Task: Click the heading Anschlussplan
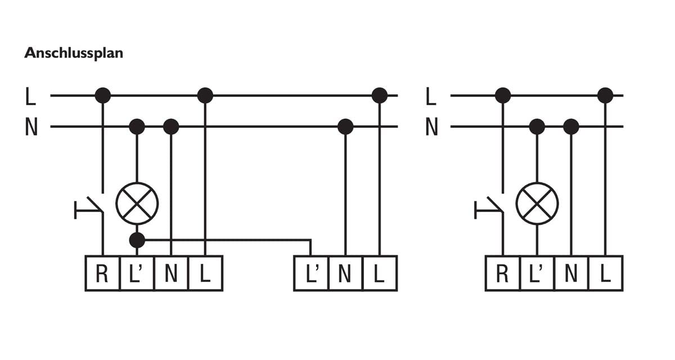tap(74, 53)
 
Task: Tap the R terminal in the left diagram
tap(102, 273)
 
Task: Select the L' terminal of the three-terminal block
tap(311, 273)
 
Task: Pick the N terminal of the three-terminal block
tap(345, 273)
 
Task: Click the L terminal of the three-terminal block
tap(380, 273)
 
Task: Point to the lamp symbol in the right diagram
tap(537, 204)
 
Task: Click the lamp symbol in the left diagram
tap(137, 204)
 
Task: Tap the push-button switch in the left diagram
tap(89, 208)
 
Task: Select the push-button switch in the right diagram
tap(489, 208)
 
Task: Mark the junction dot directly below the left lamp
tap(137, 240)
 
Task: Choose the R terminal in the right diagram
tap(502, 273)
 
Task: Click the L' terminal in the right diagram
tap(537, 273)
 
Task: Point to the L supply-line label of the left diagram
tap(30, 96)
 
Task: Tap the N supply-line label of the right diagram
tap(431, 127)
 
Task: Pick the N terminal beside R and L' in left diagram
tap(171, 273)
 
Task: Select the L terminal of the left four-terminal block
tap(205, 273)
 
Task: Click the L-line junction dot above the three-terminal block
tap(379, 96)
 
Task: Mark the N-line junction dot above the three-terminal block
tap(345, 127)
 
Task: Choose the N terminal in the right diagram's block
tap(571, 273)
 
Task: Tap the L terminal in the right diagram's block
tap(605, 273)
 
